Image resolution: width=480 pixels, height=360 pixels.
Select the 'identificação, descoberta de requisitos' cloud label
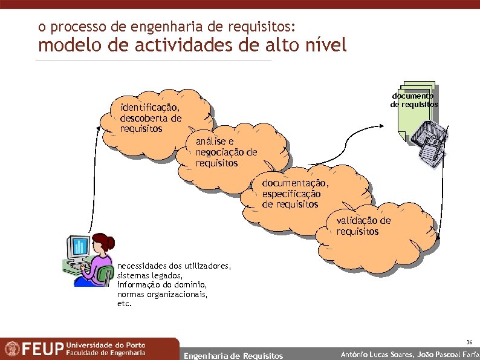(x=151, y=118)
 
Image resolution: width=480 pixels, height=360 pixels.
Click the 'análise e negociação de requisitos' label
(x=225, y=152)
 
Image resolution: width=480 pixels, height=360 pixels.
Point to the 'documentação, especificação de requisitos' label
(x=295, y=194)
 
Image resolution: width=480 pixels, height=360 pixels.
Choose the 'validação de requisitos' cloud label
(x=363, y=226)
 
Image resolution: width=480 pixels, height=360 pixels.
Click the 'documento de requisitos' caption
(x=414, y=100)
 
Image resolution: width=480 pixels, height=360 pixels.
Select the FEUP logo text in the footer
(x=42, y=349)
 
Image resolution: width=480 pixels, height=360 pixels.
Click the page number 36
(x=469, y=342)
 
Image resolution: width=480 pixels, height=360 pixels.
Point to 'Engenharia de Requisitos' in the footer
(x=233, y=355)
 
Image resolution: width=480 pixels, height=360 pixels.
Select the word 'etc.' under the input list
(x=124, y=304)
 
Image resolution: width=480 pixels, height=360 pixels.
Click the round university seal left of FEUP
(x=11, y=349)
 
